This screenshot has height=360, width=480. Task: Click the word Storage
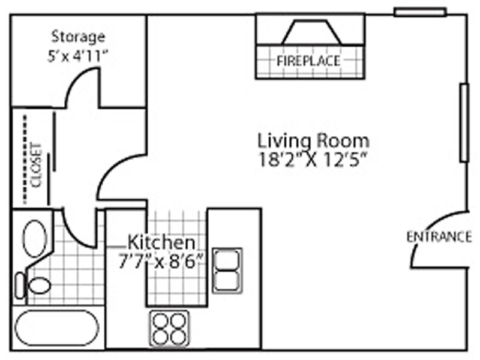(x=78, y=37)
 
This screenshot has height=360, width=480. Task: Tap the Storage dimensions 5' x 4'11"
(x=78, y=56)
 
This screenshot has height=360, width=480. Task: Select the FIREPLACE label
(x=308, y=61)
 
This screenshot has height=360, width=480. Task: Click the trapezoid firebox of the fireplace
(x=311, y=33)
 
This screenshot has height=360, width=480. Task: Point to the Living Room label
(x=313, y=140)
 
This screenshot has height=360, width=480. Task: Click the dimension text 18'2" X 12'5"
(x=313, y=160)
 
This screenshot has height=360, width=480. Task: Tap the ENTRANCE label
(x=439, y=237)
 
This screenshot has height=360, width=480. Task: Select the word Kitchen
(x=161, y=242)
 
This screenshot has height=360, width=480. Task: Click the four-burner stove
(x=169, y=328)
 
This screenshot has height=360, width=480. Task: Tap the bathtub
(x=57, y=328)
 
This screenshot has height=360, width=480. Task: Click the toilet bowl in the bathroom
(x=39, y=286)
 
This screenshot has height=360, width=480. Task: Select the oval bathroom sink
(x=35, y=238)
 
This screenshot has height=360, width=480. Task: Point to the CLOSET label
(x=37, y=165)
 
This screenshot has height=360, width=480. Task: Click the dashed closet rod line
(x=25, y=159)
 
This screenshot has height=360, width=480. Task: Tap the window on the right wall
(x=464, y=123)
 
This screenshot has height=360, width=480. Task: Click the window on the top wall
(x=420, y=12)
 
